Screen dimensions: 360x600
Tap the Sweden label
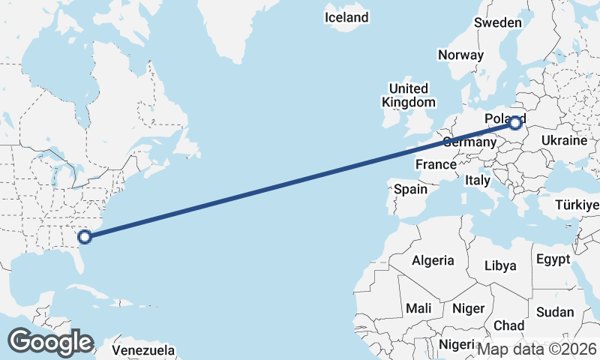tap(497, 22)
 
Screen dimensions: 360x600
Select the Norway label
tap(460, 55)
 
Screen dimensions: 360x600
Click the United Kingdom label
tap(408, 95)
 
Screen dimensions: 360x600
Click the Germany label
tap(469, 142)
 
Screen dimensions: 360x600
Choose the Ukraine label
tap(563, 140)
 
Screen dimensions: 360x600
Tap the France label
tap(436, 164)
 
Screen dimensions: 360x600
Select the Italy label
tap(478, 181)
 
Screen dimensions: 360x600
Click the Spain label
tap(411, 190)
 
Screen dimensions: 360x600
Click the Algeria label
tap(433, 260)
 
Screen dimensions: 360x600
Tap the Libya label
tap(500, 265)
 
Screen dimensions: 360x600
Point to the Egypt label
tap(553, 259)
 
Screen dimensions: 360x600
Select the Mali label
tap(418, 308)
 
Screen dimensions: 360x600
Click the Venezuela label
tap(143, 350)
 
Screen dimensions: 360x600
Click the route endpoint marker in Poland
tap(515, 124)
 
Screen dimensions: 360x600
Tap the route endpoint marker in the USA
tap(85, 237)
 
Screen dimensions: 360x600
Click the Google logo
tap(50, 342)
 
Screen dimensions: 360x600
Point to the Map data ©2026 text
tap(537, 349)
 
